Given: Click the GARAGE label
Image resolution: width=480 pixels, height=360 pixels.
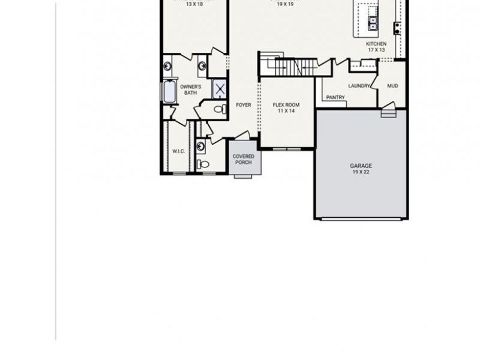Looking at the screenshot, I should (x=361, y=166).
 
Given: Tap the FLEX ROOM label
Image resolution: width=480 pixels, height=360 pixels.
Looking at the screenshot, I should (x=286, y=105).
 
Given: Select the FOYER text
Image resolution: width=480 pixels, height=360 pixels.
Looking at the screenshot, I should (x=243, y=105).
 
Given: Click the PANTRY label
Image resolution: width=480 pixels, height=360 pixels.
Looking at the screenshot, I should (x=335, y=97).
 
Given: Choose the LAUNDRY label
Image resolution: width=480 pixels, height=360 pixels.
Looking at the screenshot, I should (x=359, y=86).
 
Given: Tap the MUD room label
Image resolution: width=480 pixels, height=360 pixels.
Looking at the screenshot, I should (x=392, y=86).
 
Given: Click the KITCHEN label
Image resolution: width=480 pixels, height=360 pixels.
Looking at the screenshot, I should (x=376, y=44).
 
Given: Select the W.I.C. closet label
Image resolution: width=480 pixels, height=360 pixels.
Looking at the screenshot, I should (x=178, y=151).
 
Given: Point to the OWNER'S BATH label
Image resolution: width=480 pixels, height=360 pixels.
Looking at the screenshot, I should (x=190, y=89).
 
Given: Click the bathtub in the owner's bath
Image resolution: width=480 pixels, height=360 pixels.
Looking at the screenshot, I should (x=169, y=92).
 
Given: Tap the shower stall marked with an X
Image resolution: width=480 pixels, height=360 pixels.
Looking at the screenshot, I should (x=220, y=90).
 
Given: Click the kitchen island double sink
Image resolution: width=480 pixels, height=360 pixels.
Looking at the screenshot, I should (x=373, y=23).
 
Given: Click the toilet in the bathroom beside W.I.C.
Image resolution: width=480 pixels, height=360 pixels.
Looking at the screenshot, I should (x=203, y=163).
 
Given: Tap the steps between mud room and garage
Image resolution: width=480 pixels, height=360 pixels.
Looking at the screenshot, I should (x=388, y=112).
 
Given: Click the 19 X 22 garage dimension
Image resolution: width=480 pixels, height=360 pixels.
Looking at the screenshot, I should (x=361, y=172).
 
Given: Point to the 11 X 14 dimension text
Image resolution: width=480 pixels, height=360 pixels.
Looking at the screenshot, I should (x=286, y=112).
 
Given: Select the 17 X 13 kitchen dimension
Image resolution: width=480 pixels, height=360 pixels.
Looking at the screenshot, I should (x=376, y=50).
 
